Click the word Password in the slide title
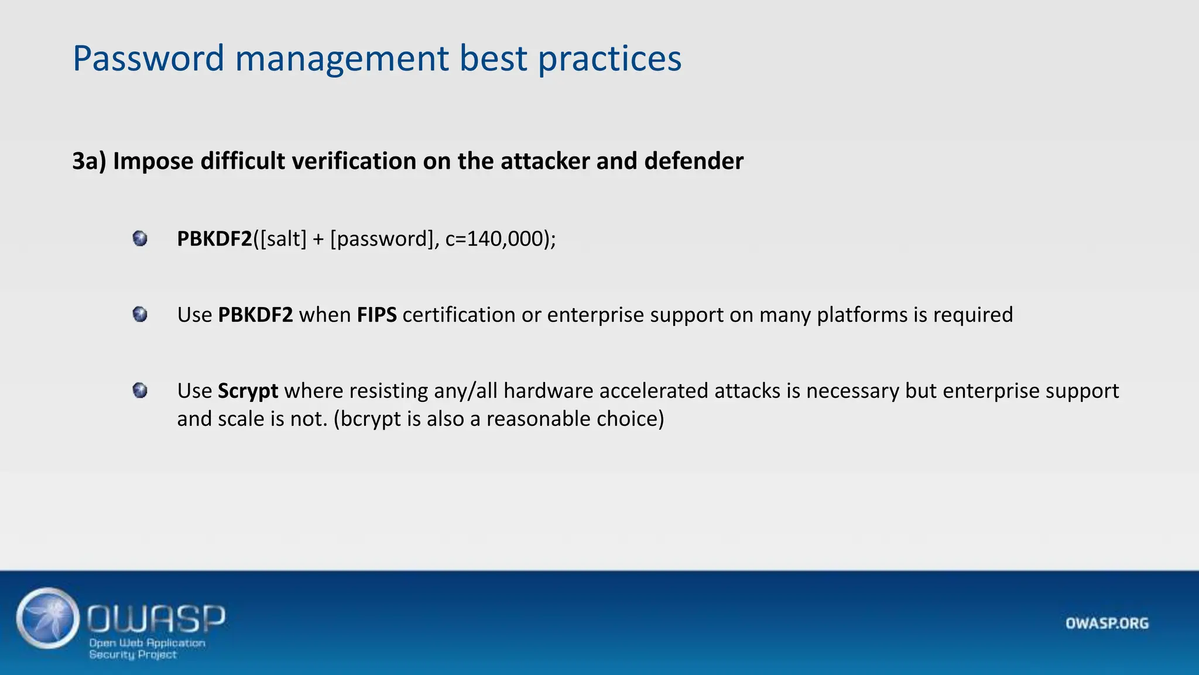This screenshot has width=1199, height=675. click(148, 59)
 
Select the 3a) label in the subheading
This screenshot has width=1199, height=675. click(89, 161)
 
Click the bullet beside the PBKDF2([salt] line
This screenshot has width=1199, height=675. click(140, 238)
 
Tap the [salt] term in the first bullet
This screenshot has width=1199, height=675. click(283, 238)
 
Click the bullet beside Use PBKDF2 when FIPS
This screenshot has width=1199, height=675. click(140, 315)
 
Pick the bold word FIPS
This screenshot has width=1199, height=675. click(376, 315)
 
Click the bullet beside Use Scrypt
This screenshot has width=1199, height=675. click(140, 390)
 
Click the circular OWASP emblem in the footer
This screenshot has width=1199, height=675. click(48, 618)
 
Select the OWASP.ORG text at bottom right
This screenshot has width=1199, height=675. click(1106, 623)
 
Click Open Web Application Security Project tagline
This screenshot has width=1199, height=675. click(146, 649)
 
